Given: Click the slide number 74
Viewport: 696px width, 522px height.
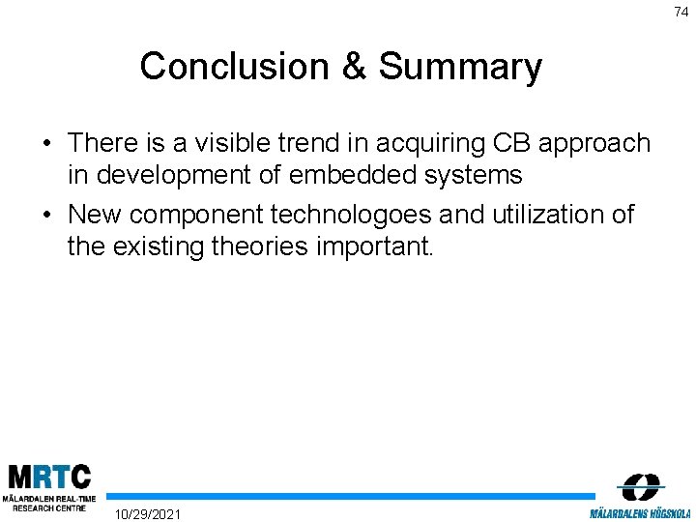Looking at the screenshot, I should (x=681, y=12).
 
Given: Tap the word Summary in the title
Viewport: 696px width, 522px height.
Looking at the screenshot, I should (x=460, y=67).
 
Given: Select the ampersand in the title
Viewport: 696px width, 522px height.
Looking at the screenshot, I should (x=354, y=67).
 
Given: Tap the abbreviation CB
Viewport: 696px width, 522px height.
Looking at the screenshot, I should (x=512, y=143).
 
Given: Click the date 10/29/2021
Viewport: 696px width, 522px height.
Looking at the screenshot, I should (x=147, y=512).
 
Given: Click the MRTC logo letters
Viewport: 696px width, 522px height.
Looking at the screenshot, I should (x=48, y=477).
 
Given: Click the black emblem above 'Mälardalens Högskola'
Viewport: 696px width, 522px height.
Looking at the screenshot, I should (x=640, y=486).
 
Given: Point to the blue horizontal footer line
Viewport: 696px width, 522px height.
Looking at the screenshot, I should (x=348, y=496).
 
